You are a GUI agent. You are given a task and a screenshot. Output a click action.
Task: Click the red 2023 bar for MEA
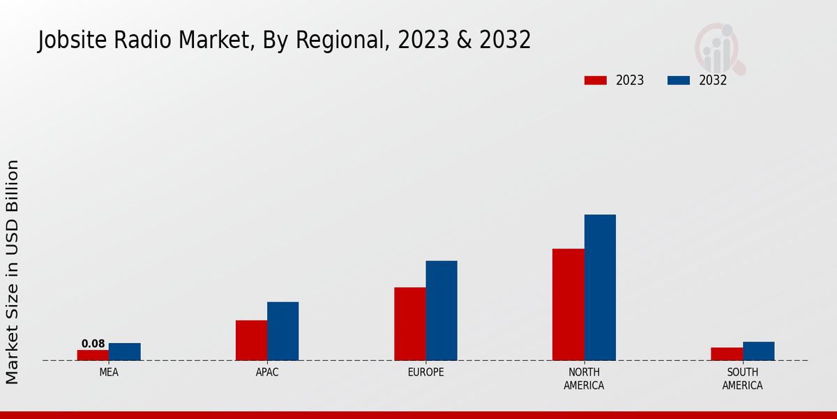click(x=93, y=355)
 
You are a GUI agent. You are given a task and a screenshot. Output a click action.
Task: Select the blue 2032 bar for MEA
click(x=124, y=351)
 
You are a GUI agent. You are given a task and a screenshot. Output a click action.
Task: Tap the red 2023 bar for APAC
click(x=251, y=340)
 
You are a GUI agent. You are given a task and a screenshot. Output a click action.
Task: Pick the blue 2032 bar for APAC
click(x=282, y=331)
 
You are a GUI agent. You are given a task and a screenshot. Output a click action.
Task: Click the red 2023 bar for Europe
click(x=409, y=323)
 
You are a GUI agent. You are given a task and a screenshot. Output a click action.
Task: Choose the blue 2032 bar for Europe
click(x=442, y=310)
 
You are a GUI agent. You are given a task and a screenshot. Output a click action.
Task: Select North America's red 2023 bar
click(x=568, y=304)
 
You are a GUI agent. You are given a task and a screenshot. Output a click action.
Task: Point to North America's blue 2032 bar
click(x=600, y=287)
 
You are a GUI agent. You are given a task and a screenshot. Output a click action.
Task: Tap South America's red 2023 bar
click(x=727, y=353)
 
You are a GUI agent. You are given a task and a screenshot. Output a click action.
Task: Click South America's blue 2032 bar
click(x=758, y=351)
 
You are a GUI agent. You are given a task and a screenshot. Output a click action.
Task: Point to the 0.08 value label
click(x=93, y=344)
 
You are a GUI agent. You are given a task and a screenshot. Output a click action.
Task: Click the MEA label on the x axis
click(x=109, y=372)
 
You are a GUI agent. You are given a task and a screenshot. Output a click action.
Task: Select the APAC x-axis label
click(x=267, y=372)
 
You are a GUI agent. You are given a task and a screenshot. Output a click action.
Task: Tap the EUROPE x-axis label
click(x=425, y=372)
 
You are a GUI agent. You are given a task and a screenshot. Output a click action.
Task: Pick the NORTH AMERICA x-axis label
click(x=585, y=378)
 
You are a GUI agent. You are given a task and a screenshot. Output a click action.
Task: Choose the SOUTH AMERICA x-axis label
click(x=742, y=378)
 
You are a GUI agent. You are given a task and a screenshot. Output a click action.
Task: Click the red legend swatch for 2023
click(x=595, y=80)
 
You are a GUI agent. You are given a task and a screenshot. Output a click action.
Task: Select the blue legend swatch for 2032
click(x=678, y=80)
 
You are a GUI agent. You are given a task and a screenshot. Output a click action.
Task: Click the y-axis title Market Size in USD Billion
click(x=13, y=272)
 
